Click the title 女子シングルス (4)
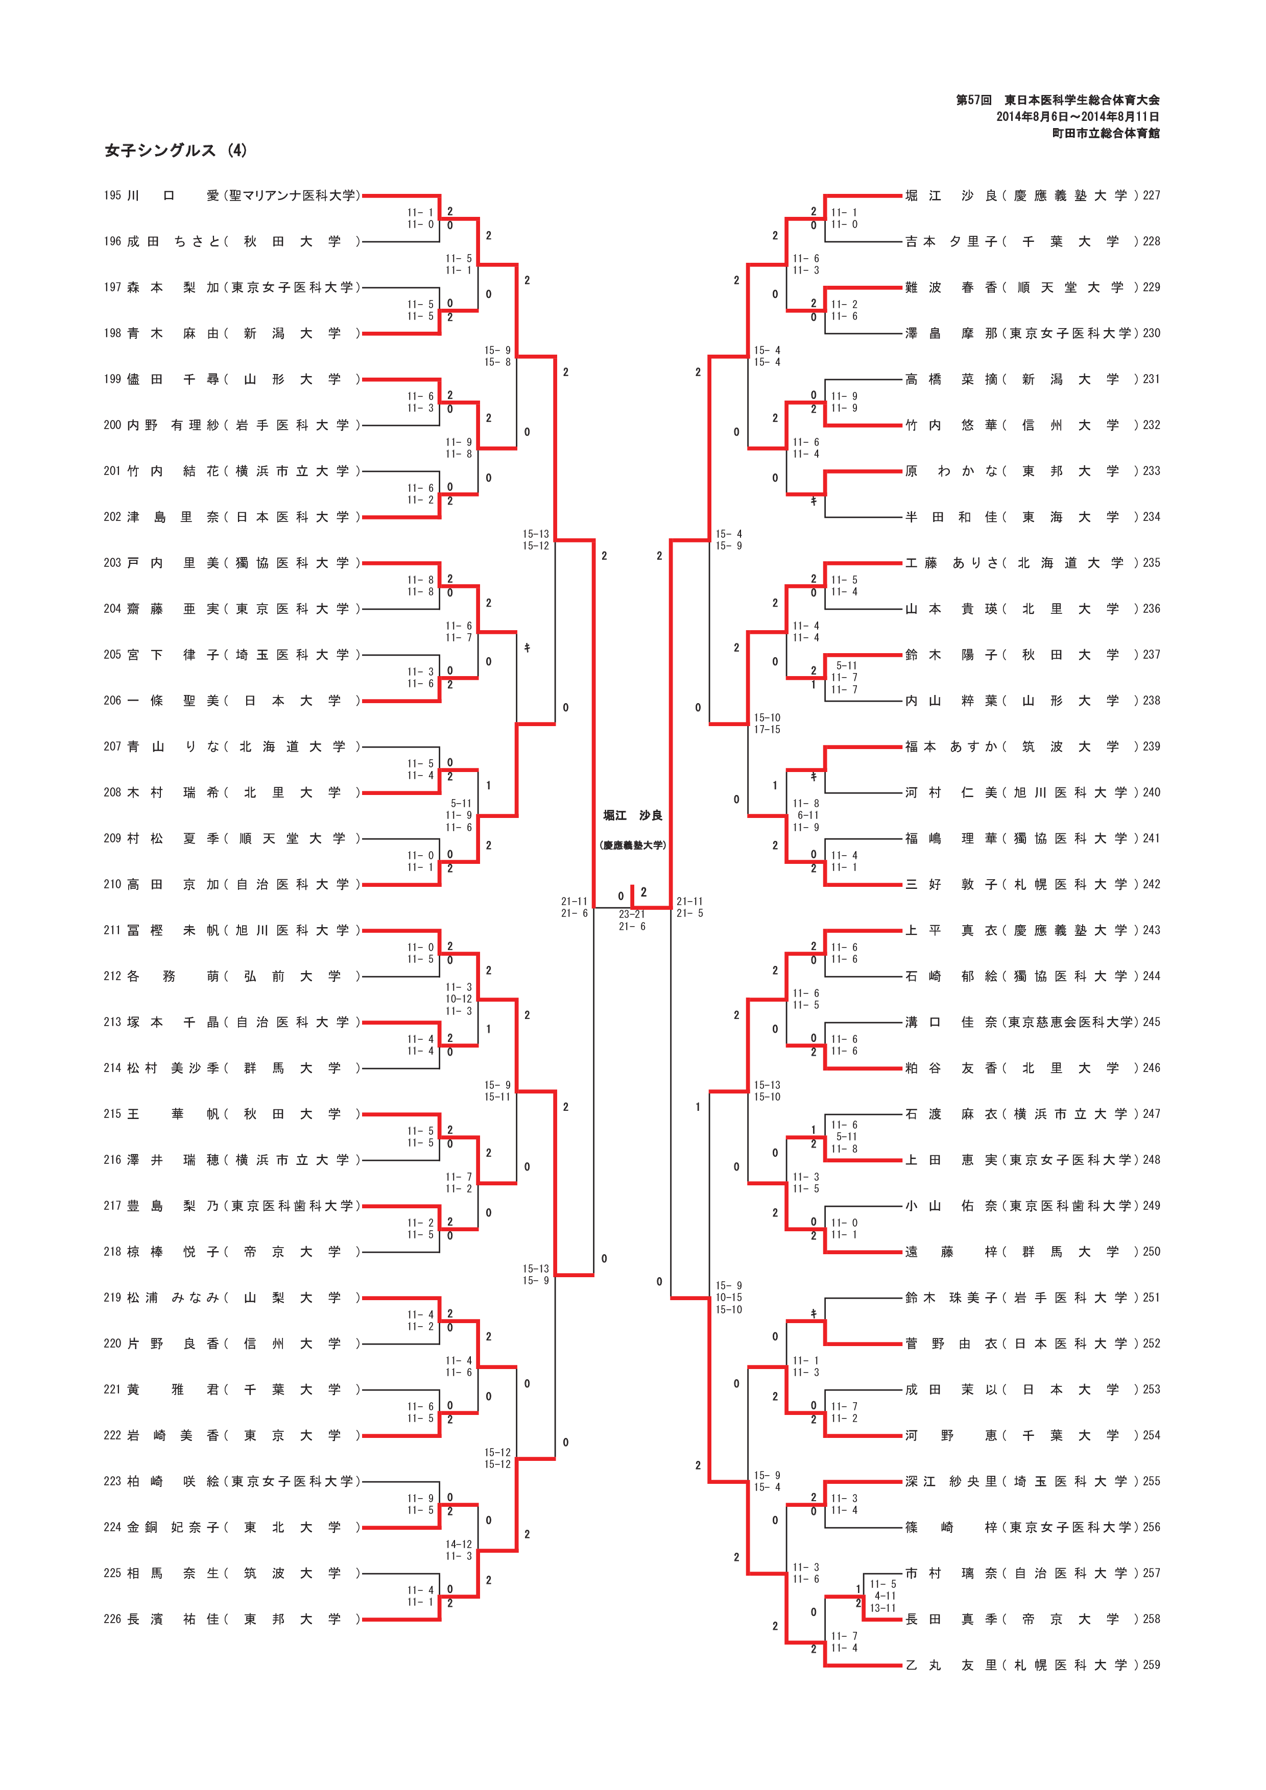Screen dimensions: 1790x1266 pos(176,151)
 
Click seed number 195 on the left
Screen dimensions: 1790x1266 pos(112,195)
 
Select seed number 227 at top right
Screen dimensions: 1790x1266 pos(1151,195)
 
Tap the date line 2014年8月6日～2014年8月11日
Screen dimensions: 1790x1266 pos(1077,117)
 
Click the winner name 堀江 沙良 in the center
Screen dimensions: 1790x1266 pos(633,815)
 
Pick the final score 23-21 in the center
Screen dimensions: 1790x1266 pos(632,914)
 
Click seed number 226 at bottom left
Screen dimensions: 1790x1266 pos(112,1619)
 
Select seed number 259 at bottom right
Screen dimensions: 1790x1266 pos(1151,1665)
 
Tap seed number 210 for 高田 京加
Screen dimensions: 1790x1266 pos(112,884)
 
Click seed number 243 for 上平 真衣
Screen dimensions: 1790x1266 pos(1151,930)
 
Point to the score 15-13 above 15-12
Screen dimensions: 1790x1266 pos(536,534)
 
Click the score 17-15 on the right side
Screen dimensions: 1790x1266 pos(767,730)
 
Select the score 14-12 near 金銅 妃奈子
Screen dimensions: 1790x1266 pos(459,1545)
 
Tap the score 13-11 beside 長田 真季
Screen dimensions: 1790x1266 pos(883,1608)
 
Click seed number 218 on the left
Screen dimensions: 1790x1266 pos(112,1252)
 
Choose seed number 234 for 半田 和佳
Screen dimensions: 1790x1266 pos(1151,517)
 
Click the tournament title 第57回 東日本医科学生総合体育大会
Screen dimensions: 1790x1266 pos(1057,100)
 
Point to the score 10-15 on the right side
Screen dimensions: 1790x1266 pos(729,1298)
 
